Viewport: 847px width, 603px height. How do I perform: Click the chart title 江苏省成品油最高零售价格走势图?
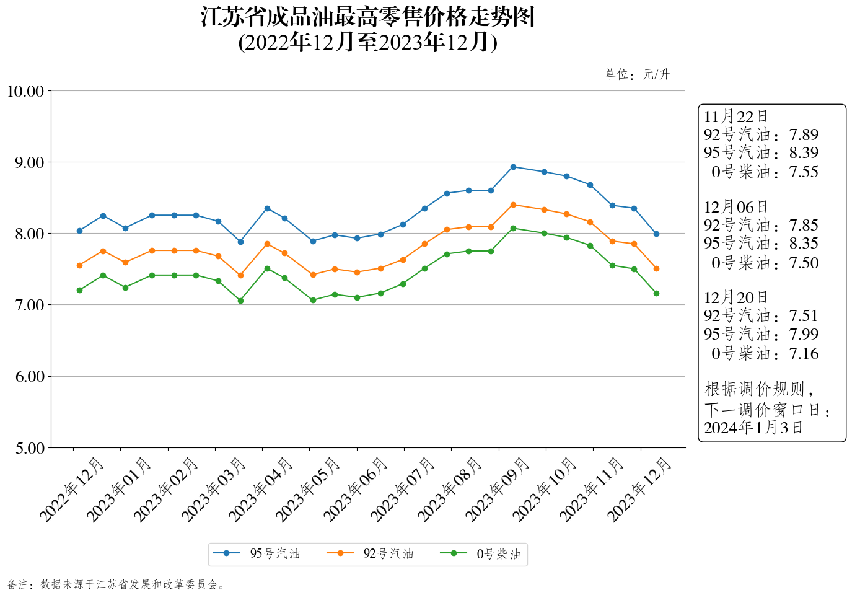(367, 17)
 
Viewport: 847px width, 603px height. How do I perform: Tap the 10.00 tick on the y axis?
(25, 92)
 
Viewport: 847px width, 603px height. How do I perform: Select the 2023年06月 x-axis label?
(356, 489)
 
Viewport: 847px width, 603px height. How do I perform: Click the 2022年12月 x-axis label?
(72, 489)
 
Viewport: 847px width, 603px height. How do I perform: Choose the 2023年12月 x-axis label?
(639, 489)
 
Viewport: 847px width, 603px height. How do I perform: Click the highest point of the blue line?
(513, 167)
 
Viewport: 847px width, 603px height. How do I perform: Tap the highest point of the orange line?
(513, 205)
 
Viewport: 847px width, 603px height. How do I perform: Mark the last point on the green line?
(656, 293)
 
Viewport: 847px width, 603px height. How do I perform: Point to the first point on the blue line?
(79, 231)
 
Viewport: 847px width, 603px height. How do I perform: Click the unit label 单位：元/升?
(637, 75)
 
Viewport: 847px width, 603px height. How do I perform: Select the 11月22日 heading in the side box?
(735, 117)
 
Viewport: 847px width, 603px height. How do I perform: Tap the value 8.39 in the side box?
(804, 153)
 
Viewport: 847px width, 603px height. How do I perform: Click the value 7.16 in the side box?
(804, 354)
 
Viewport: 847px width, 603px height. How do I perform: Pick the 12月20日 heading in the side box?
(735, 297)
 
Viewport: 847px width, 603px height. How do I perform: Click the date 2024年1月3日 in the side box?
(753, 428)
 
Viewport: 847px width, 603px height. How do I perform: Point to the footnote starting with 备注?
(116, 584)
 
